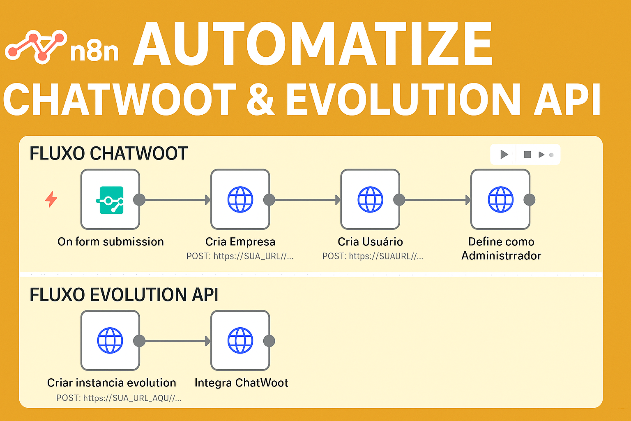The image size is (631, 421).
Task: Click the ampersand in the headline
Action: click(x=260, y=99)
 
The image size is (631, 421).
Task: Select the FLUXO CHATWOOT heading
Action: click(x=108, y=153)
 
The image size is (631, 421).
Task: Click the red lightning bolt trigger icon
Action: click(x=51, y=199)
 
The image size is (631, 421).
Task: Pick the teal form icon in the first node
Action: click(x=110, y=200)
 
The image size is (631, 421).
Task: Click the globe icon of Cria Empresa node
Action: click(x=240, y=200)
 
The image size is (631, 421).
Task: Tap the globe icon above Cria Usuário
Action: click(x=371, y=200)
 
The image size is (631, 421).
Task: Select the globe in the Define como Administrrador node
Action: click(x=501, y=200)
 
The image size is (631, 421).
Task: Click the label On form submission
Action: click(x=111, y=242)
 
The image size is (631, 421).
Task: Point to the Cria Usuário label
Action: click(x=370, y=242)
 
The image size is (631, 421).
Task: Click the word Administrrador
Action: click(x=501, y=256)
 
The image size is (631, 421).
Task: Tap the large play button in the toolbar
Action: click(x=504, y=155)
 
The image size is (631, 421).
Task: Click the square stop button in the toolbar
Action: click(x=527, y=155)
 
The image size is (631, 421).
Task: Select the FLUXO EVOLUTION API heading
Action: click(x=124, y=295)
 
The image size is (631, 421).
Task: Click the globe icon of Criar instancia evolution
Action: click(x=110, y=341)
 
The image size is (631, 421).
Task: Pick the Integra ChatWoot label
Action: click(x=242, y=383)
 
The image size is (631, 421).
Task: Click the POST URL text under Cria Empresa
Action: click(x=240, y=256)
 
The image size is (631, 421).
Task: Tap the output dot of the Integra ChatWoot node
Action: click(x=269, y=341)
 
